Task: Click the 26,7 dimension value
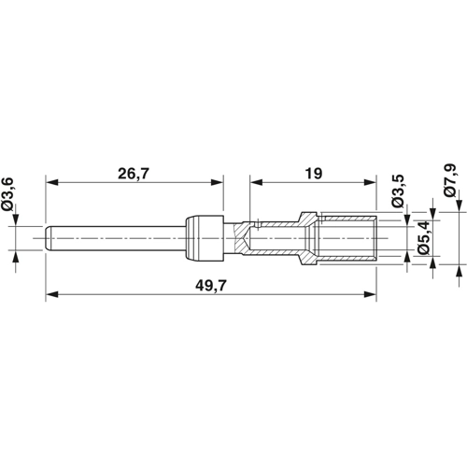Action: pos(134,174)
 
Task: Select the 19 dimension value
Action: pos(314,174)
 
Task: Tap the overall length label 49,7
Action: pos(211,285)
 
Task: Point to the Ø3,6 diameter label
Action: pos(7,193)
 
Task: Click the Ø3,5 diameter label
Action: pos(398,191)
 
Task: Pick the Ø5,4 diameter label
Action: pos(423,237)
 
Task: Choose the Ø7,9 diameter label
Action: pos(450,180)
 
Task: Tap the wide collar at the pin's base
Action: pos(205,238)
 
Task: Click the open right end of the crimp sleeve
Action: pos(375,238)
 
